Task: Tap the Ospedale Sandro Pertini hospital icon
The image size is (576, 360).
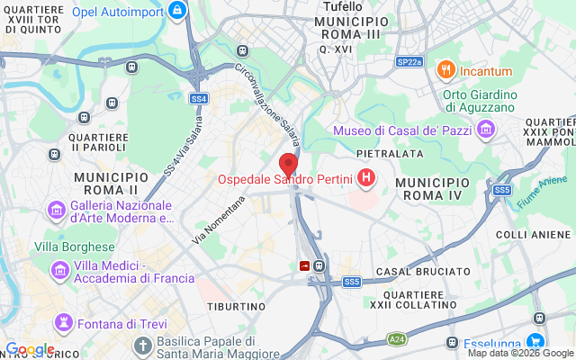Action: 366,179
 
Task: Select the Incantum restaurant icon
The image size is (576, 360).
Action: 444,70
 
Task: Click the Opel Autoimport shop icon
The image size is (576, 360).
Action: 177,10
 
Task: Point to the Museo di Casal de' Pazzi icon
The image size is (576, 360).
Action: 486,130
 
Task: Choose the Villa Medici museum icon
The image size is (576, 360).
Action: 61,270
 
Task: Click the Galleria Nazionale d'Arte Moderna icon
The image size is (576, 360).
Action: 56,211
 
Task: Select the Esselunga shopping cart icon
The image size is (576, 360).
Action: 535,342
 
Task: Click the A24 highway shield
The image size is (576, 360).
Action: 397,338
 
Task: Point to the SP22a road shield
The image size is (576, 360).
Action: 409,62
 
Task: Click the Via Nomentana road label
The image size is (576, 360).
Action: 219,220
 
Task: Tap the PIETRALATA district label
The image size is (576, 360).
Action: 390,154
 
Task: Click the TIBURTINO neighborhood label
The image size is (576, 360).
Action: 236,306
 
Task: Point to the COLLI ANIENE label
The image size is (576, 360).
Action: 535,235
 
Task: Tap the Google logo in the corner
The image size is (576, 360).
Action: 30,349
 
